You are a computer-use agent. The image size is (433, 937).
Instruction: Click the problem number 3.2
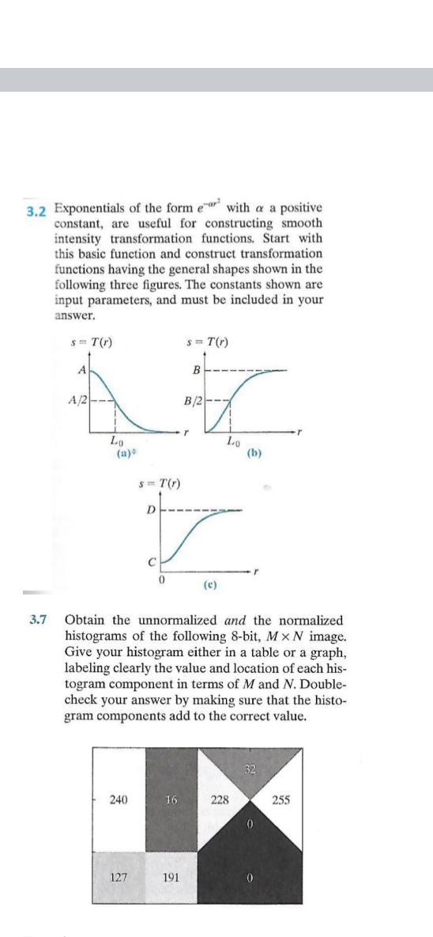pyautogui.click(x=35, y=212)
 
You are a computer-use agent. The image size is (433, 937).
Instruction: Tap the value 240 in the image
pyautogui.click(x=118, y=799)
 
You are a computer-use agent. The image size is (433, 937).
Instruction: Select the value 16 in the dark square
pyautogui.click(x=171, y=799)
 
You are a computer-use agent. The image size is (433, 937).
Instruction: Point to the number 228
pyautogui.click(x=219, y=799)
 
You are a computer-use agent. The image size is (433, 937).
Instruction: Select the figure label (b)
pyautogui.click(x=254, y=455)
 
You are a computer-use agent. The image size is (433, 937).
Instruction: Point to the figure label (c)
pyautogui.click(x=209, y=586)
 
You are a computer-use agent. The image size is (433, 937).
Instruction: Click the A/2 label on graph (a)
pyautogui.click(x=77, y=398)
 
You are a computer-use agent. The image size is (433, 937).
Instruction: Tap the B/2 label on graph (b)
pyautogui.click(x=190, y=398)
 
